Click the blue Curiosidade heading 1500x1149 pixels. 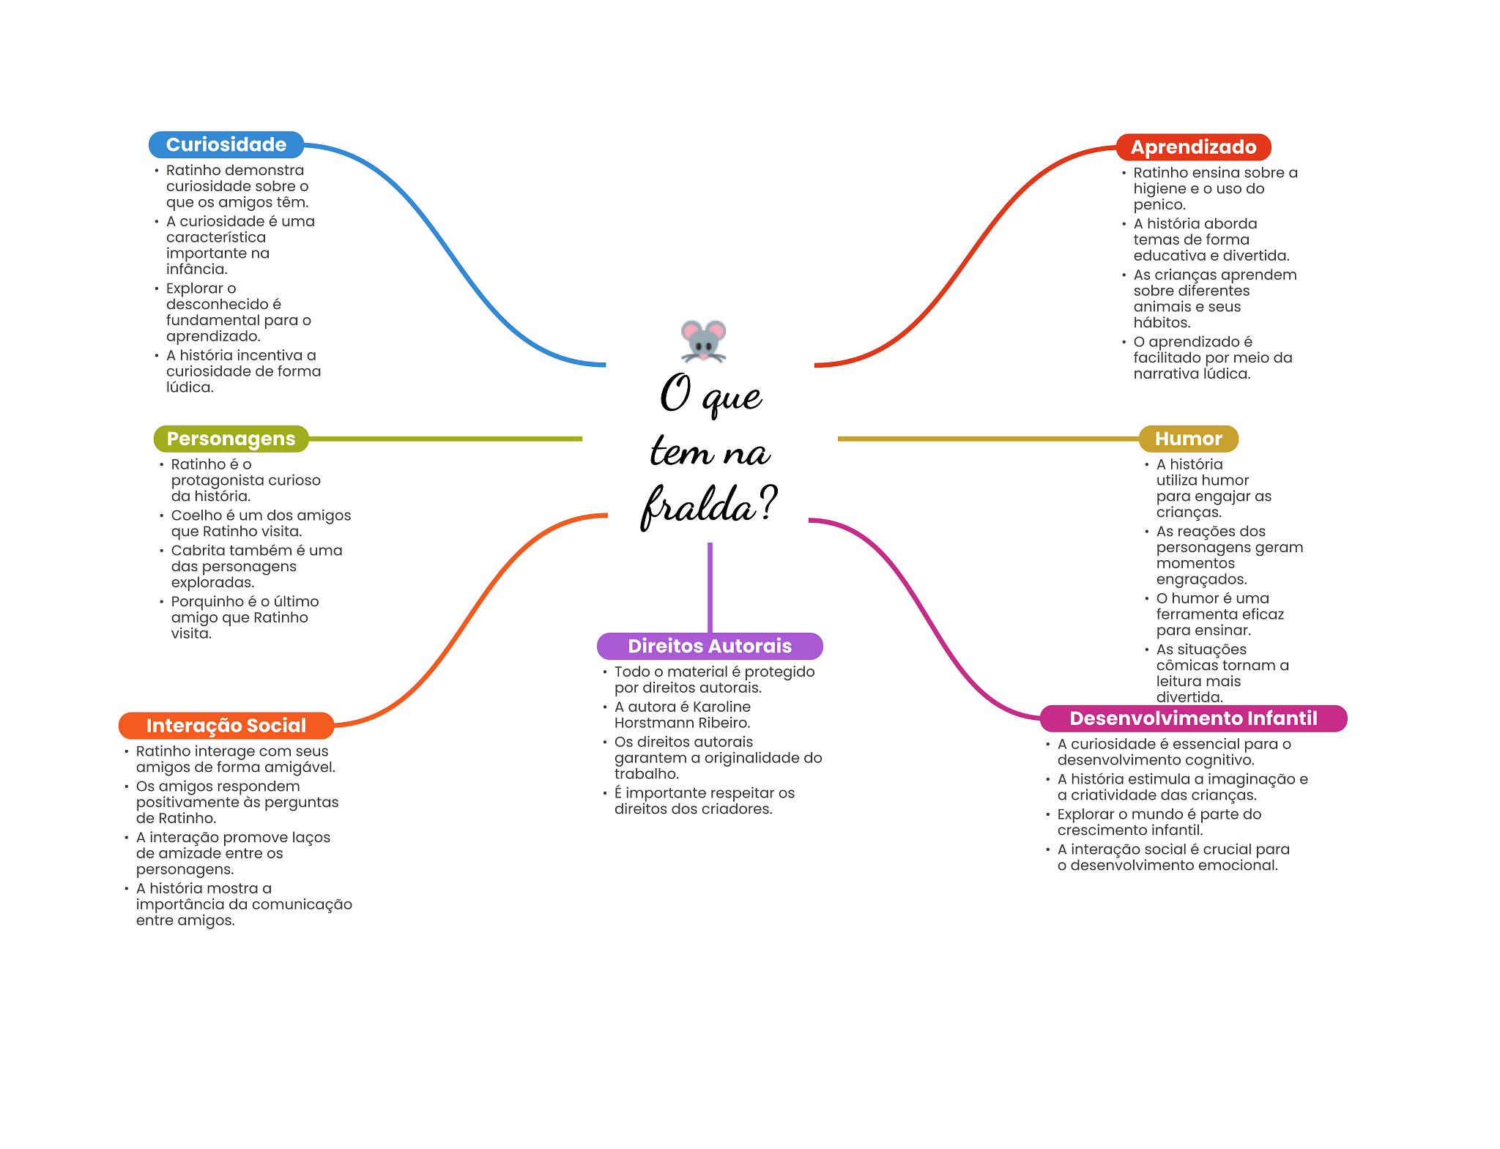(226, 144)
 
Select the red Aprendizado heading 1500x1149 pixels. (1193, 147)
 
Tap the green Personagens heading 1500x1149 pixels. (231, 439)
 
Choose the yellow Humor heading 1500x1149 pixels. (1188, 439)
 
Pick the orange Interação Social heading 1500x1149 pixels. (226, 726)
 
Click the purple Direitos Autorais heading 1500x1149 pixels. (710, 646)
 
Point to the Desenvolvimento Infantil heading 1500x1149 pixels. (1193, 718)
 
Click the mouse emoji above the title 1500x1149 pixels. (703, 341)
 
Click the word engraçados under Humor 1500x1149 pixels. (1200, 579)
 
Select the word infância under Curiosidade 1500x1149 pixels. (196, 269)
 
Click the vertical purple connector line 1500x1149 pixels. (710, 587)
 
